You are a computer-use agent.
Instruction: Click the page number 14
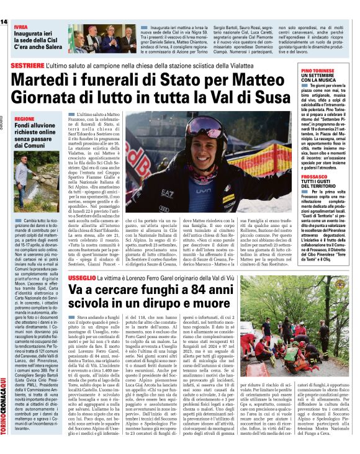point(4,22)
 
